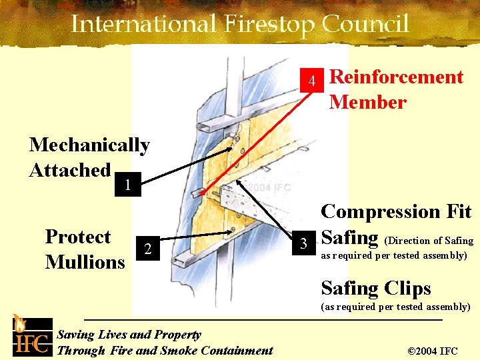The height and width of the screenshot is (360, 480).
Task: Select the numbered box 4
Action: click(x=311, y=82)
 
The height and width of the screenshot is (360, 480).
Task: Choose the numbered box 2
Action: click(x=148, y=248)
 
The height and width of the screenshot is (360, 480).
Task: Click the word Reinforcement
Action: click(x=397, y=77)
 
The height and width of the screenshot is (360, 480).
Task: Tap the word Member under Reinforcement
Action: click(x=367, y=103)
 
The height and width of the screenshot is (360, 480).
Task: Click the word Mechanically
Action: click(x=89, y=145)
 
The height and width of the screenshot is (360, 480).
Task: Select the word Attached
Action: click(x=70, y=170)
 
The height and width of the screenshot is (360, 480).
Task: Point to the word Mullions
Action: click(x=85, y=262)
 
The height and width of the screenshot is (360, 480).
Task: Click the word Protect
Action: click(x=78, y=237)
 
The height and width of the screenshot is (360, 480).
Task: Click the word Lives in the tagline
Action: click(x=113, y=335)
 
